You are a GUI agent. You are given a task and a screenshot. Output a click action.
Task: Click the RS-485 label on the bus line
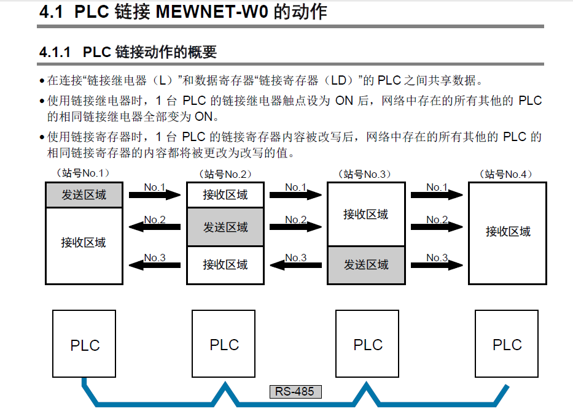click(295, 391)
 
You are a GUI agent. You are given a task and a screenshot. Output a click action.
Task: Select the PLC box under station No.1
click(84, 344)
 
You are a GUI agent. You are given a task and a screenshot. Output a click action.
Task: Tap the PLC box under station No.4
click(507, 344)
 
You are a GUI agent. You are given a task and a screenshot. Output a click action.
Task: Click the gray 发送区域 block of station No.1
click(84, 195)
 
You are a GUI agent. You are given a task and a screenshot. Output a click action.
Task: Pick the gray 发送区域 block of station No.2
click(225, 227)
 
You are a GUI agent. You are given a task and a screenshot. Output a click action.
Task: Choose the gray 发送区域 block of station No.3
click(366, 265)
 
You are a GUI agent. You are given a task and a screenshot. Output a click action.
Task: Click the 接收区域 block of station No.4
click(507, 232)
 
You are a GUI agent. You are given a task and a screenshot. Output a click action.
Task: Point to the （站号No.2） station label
click(225, 174)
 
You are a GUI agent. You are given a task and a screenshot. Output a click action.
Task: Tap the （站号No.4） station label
click(507, 174)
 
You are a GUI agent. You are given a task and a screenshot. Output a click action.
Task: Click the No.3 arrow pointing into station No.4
click(437, 265)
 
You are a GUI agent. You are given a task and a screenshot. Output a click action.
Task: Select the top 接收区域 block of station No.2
click(225, 196)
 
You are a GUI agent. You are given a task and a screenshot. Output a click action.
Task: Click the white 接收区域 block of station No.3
click(366, 215)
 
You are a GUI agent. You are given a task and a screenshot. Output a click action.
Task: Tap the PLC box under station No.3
click(367, 344)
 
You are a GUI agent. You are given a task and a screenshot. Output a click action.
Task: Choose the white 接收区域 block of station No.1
click(84, 243)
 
